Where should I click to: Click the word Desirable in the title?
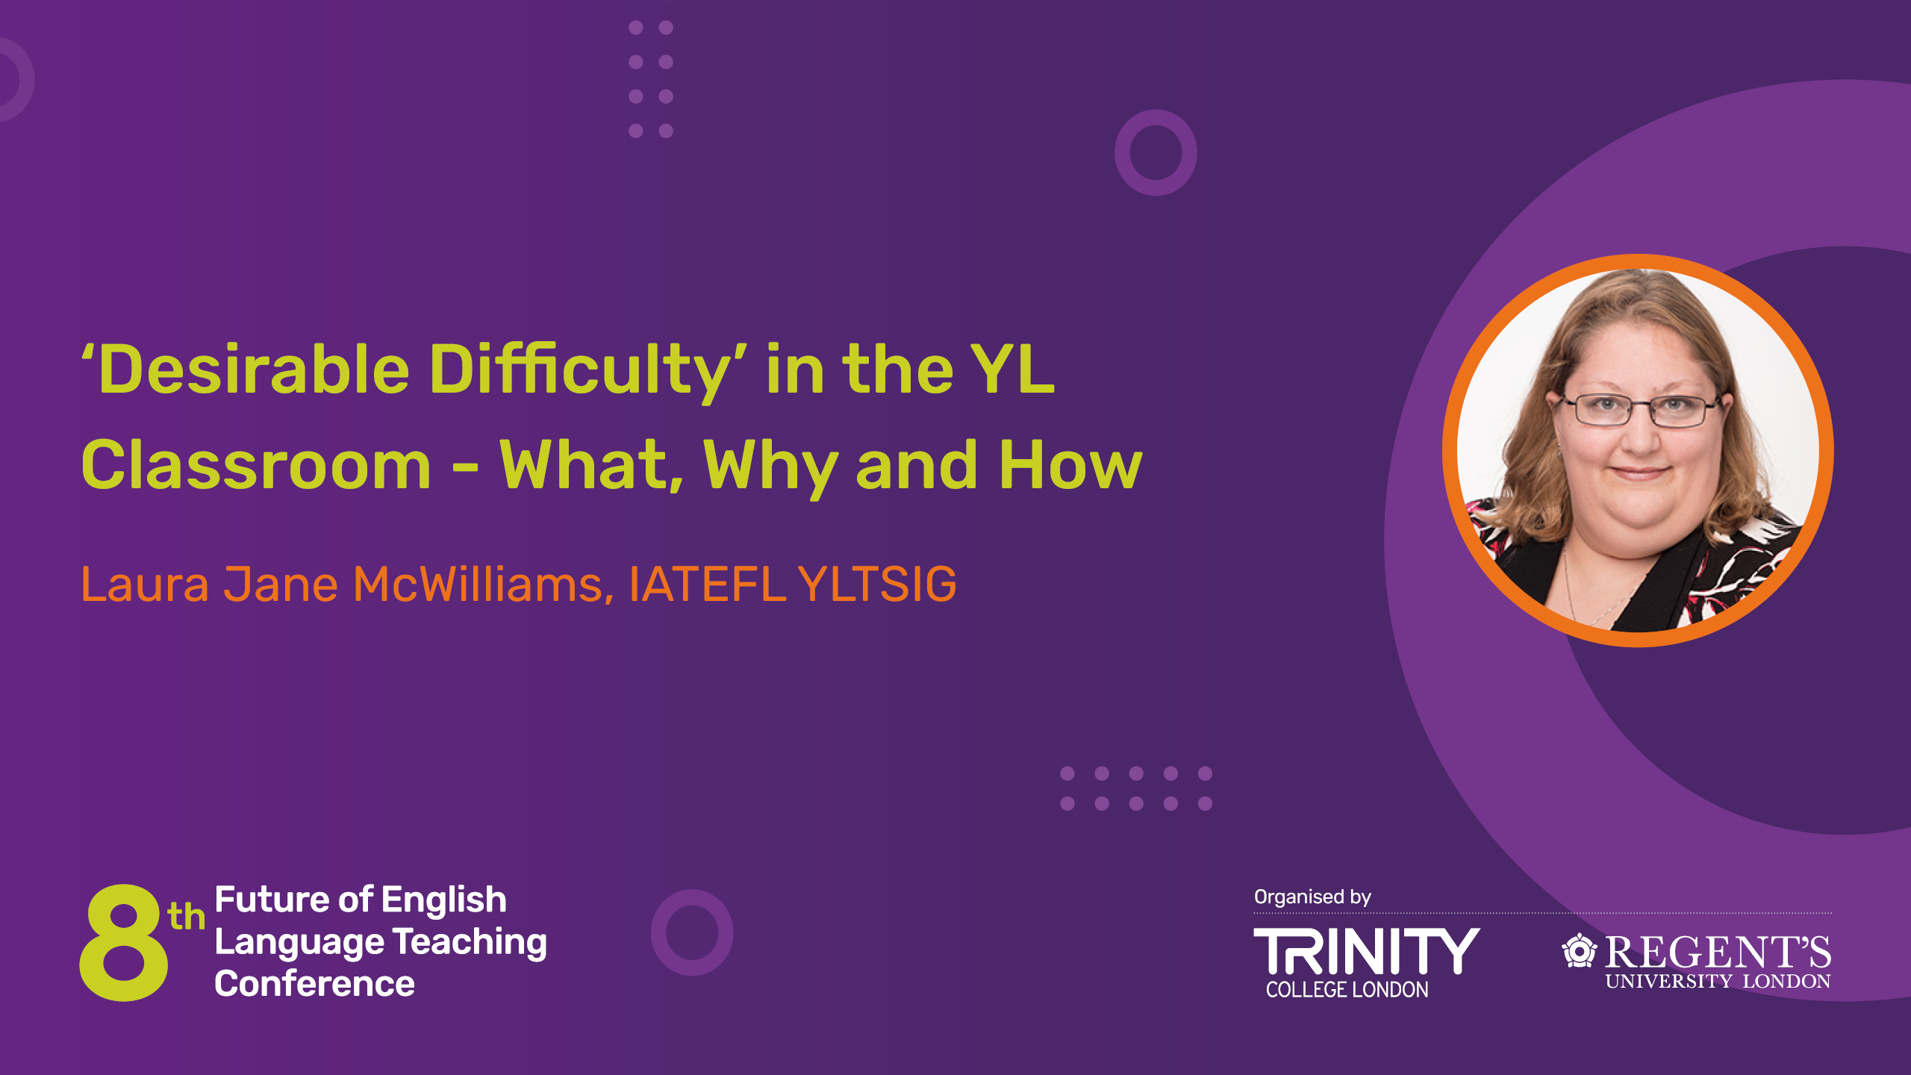pos(254,370)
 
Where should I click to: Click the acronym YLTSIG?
pos(877,584)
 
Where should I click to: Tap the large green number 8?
pos(123,942)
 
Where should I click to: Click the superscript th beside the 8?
pos(186,916)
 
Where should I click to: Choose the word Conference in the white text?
pos(314,984)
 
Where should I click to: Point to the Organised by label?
pos(1312,897)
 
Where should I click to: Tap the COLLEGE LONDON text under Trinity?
pos(1347,990)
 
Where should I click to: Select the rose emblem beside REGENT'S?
pos(1579,950)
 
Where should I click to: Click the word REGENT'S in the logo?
pos(1718,952)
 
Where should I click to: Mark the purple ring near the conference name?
pos(692,932)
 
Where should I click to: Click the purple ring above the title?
pos(1156,153)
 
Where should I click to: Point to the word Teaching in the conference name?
pos(470,942)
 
